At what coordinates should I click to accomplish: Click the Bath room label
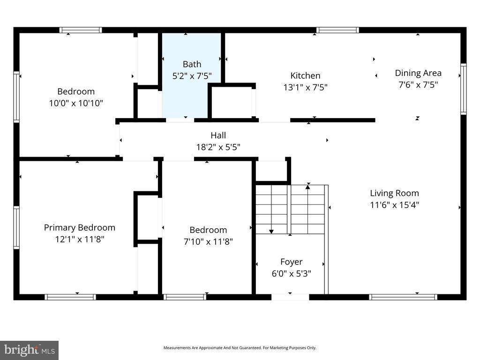[192, 64]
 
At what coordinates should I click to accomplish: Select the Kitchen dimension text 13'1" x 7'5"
[305, 87]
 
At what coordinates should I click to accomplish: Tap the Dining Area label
[418, 73]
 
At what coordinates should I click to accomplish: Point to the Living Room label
[394, 193]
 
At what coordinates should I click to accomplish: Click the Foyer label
[291, 262]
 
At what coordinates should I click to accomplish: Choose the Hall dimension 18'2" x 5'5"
[218, 147]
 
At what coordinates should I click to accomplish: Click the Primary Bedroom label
[79, 227]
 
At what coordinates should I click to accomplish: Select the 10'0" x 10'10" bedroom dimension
[76, 103]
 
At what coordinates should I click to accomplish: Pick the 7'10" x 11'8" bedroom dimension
[208, 241]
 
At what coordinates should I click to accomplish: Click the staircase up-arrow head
[308, 187]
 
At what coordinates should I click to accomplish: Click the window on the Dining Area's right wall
[463, 89]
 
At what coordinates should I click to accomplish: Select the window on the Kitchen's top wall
[337, 30]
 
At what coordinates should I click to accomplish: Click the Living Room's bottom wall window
[403, 297]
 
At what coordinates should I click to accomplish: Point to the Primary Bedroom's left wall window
[16, 228]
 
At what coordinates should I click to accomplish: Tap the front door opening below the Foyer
[290, 297]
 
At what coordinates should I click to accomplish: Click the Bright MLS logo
[29, 350]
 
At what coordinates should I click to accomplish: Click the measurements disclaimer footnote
[240, 348]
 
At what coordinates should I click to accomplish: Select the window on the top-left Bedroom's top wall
[81, 30]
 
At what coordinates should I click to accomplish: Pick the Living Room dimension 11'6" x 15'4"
[394, 205]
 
